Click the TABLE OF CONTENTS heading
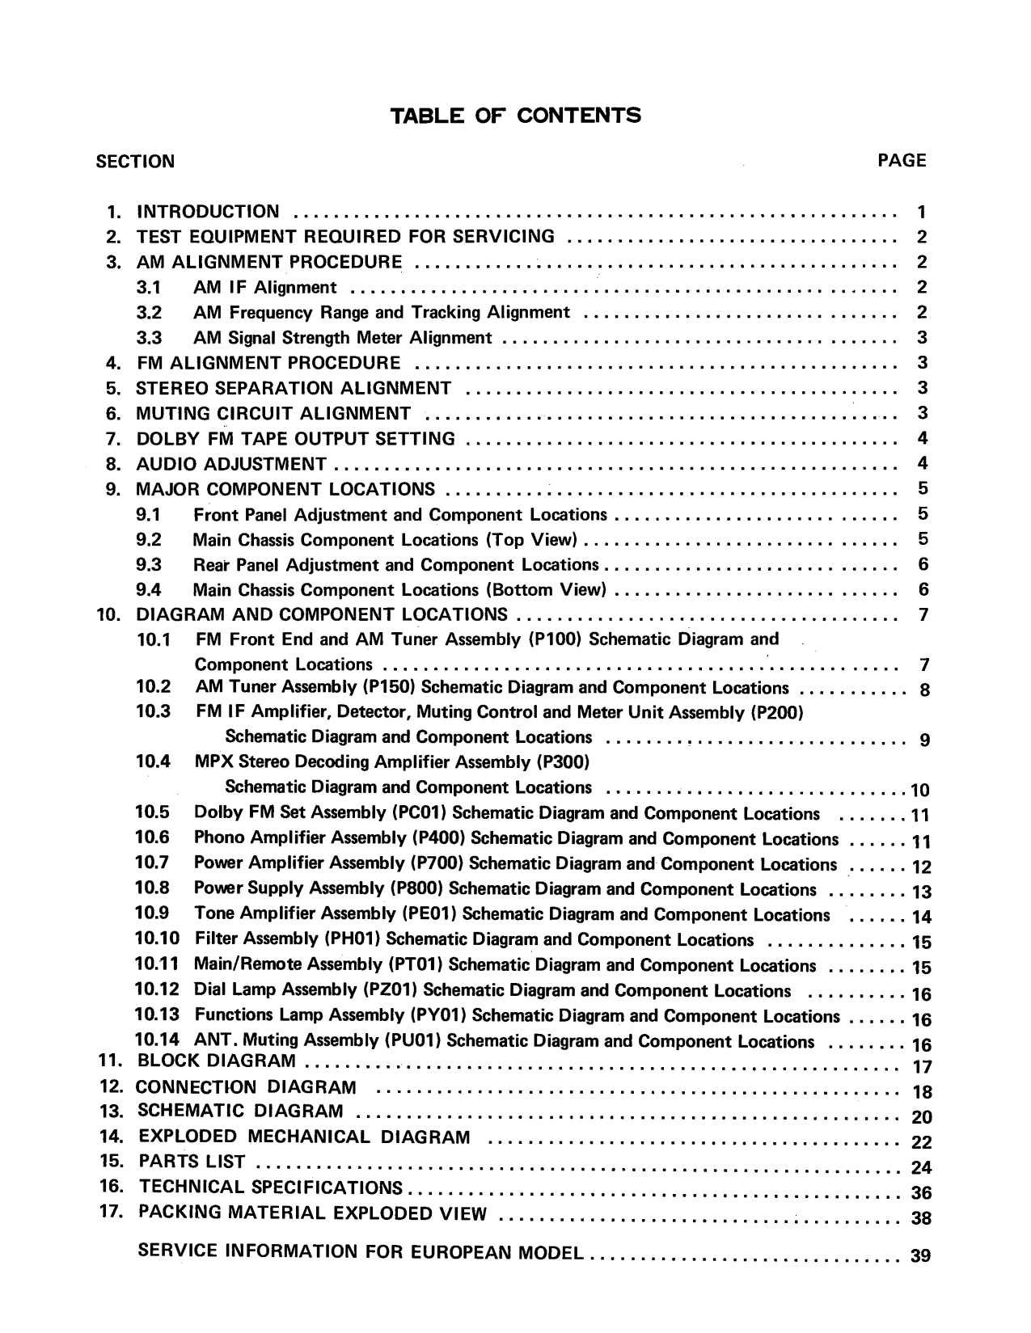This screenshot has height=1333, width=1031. (x=515, y=116)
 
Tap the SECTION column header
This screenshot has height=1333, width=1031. (x=135, y=161)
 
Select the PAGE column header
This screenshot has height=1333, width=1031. (x=902, y=160)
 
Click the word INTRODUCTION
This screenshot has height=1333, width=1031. (x=209, y=212)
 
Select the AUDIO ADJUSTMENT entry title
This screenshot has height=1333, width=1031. (x=231, y=464)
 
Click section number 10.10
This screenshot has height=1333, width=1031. (x=158, y=939)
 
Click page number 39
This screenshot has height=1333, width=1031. (x=921, y=1256)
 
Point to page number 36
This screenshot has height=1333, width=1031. (x=921, y=1193)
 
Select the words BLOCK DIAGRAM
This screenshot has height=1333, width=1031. (x=217, y=1061)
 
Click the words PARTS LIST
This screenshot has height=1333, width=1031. (x=192, y=1162)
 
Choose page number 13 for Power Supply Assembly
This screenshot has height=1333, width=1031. (x=921, y=892)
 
